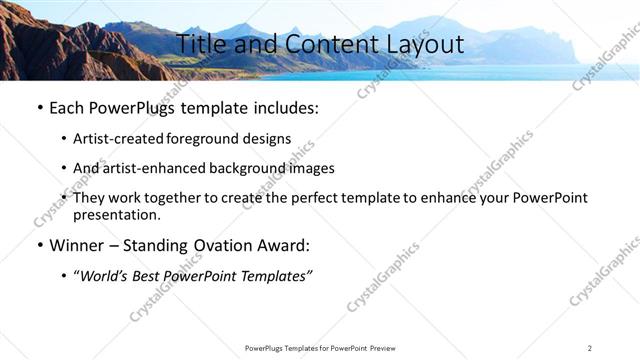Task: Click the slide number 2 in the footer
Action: coord(590,347)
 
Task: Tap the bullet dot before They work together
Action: coord(64,198)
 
